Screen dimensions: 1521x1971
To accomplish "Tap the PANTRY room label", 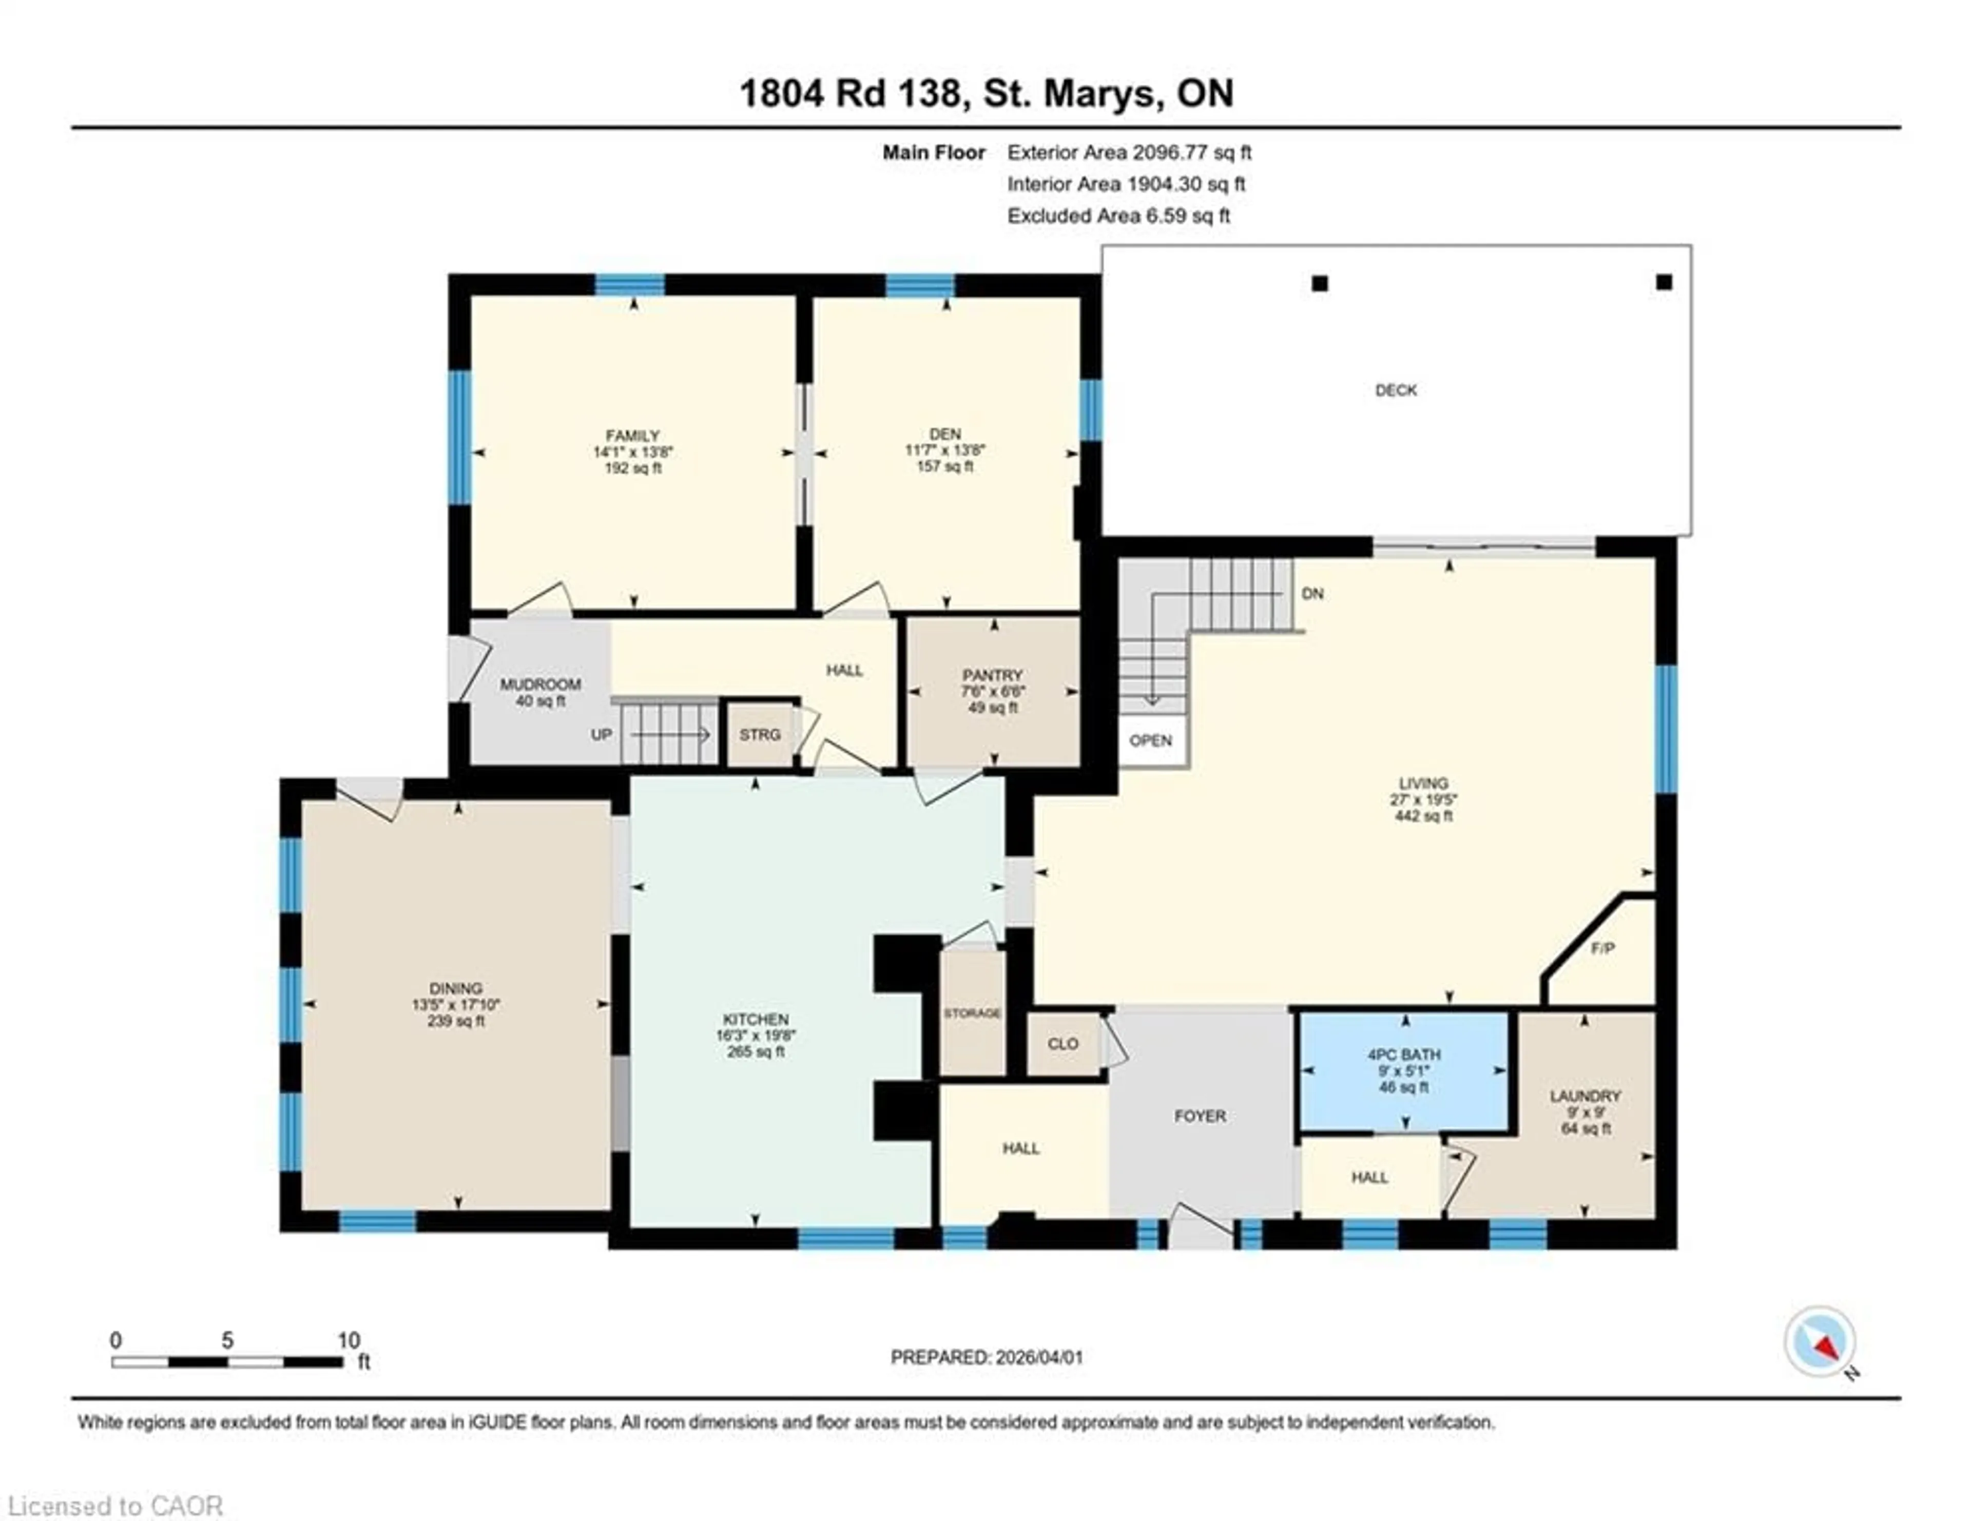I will tap(992, 675).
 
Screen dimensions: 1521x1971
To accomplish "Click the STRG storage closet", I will tap(759, 734).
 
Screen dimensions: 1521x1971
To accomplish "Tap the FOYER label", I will tap(1200, 1116).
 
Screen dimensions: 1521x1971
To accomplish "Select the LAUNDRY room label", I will tap(1584, 1096).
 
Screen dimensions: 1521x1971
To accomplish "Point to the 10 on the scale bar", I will tap(349, 1340).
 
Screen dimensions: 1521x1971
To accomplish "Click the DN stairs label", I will tap(1312, 594).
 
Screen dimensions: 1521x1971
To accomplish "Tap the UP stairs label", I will tap(601, 734).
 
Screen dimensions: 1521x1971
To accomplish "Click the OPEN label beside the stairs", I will tap(1151, 740).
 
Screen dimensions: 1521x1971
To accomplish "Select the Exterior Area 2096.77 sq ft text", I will tap(1129, 152).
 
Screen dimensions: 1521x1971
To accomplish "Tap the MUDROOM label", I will tap(540, 685).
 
